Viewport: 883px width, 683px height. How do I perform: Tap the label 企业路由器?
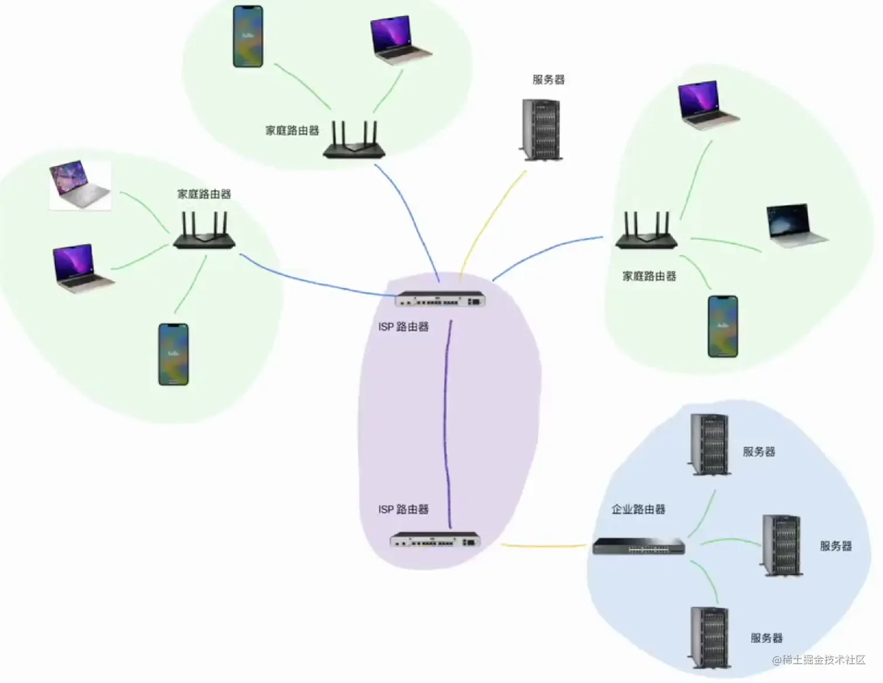point(638,509)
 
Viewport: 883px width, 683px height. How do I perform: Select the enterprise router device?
point(638,546)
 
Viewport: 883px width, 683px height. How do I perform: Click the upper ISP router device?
point(440,299)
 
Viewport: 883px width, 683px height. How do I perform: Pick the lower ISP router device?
point(435,540)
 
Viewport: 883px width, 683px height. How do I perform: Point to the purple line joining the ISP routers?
point(446,420)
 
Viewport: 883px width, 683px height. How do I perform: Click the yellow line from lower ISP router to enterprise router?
point(543,546)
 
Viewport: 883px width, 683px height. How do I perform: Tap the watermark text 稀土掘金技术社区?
point(823,660)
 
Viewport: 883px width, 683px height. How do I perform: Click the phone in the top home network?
point(248,36)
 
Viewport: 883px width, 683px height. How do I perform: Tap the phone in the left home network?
point(173,354)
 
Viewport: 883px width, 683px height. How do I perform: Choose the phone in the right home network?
point(722,326)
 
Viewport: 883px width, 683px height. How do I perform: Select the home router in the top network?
point(354,141)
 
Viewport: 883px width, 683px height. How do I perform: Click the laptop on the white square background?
point(80,185)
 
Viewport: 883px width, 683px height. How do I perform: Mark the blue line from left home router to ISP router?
point(315,283)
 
